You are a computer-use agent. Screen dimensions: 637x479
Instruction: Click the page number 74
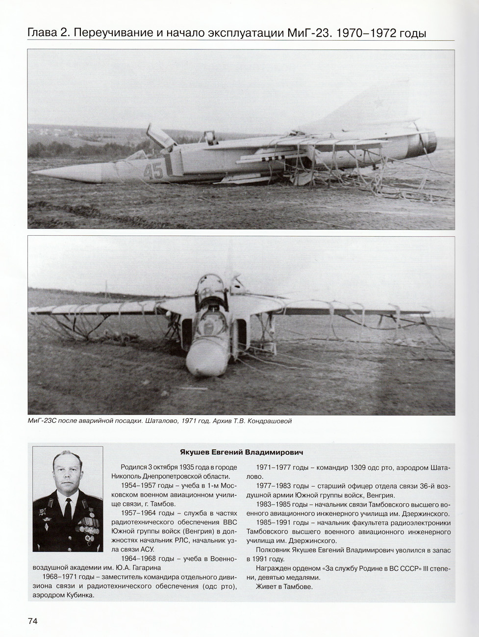click(x=33, y=621)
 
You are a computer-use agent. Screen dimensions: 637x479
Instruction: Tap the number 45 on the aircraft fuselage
click(x=153, y=171)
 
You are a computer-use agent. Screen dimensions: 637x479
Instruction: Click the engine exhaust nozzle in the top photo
click(x=428, y=142)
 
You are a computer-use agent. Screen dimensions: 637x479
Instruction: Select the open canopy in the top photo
click(x=162, y=136)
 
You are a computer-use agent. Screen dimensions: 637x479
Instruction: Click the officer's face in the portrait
click(x=67, y=480)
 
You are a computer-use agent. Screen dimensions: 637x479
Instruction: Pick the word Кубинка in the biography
click(x=78, y=595)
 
